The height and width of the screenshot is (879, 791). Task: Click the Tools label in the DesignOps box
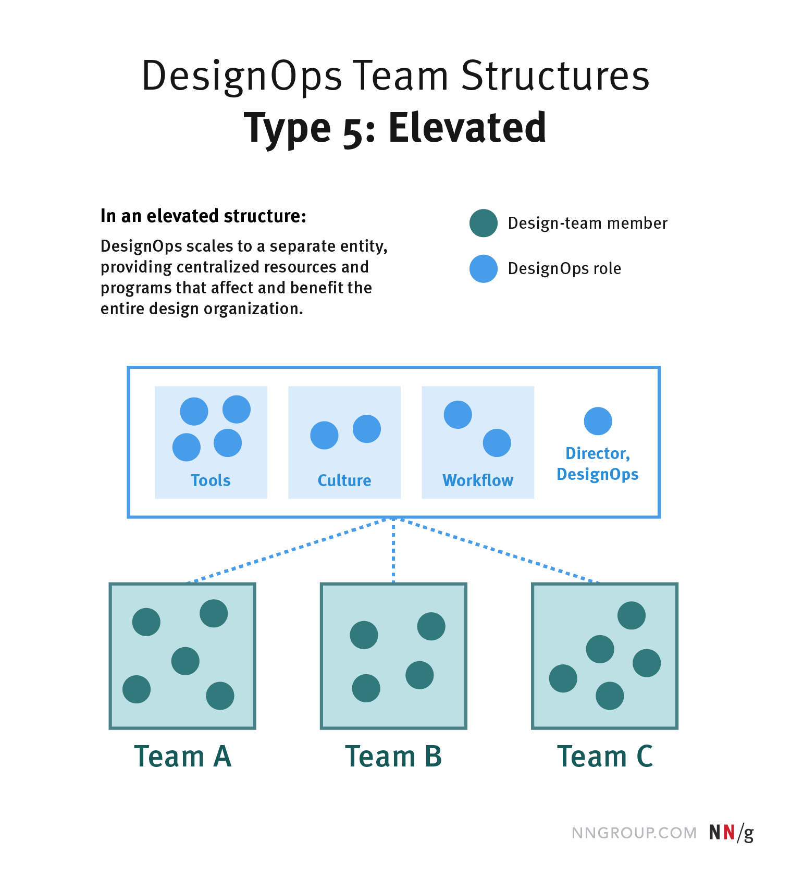point(211,480)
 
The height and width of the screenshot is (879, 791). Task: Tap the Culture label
point(344,480)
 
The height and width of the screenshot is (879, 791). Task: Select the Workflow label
point(478,480)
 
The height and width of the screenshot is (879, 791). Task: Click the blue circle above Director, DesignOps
point(598,421)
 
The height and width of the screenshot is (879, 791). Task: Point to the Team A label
point(182,757)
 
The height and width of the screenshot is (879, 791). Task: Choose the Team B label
point(393,757)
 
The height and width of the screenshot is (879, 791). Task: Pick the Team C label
point(604,757)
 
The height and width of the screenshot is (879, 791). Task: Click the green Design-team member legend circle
point(484,223)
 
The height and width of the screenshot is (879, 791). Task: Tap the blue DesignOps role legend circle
point(484,268)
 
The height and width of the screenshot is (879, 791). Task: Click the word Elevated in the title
point(467,128)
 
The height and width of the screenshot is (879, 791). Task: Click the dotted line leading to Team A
point(289,550)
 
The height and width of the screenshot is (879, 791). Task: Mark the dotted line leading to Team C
point(498,550)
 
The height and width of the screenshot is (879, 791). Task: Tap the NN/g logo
point(731,832)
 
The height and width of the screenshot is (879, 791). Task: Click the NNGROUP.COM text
point(634,833)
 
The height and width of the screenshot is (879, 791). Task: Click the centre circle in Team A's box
point(186,661)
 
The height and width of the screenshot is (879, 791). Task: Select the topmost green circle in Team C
point(632,615)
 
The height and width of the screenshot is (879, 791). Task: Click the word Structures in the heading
point(555,76)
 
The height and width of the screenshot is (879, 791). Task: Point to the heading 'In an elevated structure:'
point(203,216)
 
